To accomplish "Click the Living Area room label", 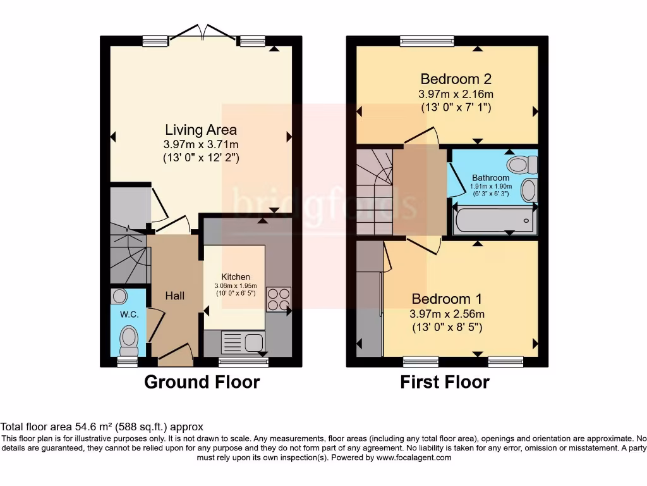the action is [x=201, y=130].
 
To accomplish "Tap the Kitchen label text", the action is [x=236, y=277].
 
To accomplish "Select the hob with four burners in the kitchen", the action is [x=279, y=299].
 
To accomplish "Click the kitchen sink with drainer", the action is [x=243, y=342].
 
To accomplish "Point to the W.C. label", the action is [x=129, y=315].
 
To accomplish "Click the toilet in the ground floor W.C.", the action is [x=129, y=340].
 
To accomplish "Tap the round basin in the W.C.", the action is [x=119, y=296].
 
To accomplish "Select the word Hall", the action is [x=175, y=296].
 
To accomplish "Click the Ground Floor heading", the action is [x=202, y=382].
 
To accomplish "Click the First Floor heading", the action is [x=445, y=382].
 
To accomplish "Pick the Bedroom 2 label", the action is [x=456, y=78].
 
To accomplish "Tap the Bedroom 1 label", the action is [x=447, y=299].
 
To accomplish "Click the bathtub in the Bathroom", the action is [x=494, y=221].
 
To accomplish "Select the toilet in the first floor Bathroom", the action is [x=523, y=165].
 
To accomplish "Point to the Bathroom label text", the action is [x=490, y=178].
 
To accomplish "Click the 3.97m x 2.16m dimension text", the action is [x=456, y=94].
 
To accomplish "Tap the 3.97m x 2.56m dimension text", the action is [x=447, y=314].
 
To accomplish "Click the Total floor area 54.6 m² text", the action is [x=56, y=427].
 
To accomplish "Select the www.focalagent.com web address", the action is [x=414, y=458].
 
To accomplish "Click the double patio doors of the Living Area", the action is [x=203, y=34].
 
